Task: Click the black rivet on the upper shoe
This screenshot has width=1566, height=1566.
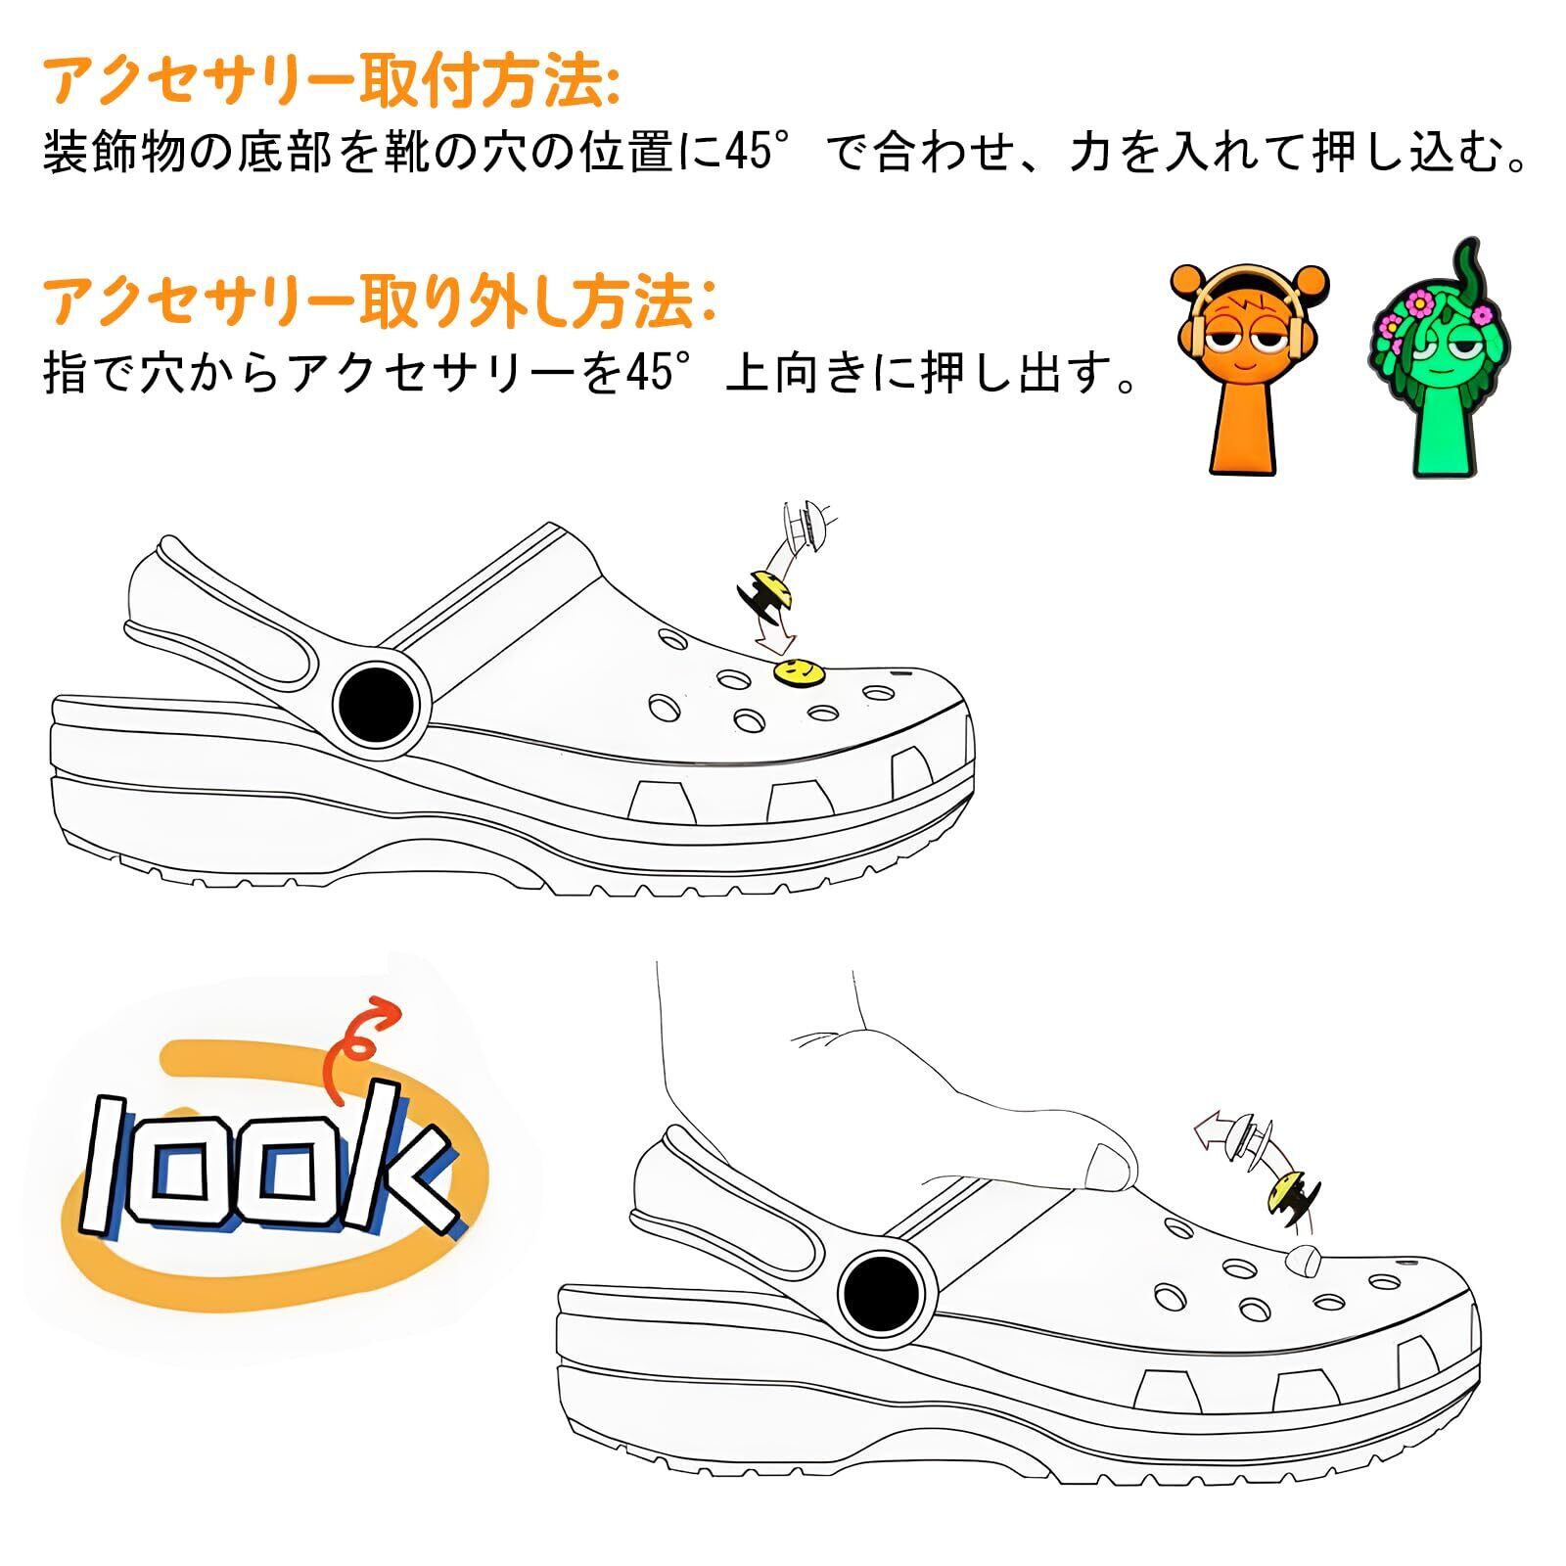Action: pos(381,705)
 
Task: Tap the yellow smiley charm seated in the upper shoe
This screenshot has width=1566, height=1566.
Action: pos(798,671)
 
